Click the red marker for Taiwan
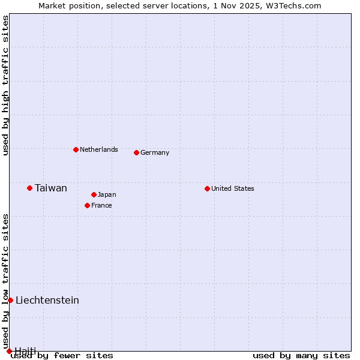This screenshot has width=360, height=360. click(29, 188)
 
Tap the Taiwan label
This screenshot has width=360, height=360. click(51, 188)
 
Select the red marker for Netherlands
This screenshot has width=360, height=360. click(76, 149)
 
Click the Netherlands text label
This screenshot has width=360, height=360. click(99, 149)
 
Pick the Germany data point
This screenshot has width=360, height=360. click(136, 152)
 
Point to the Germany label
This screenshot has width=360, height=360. click(155, 152)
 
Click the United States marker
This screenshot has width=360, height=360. click(207, 188)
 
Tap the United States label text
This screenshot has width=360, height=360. click(233, 188)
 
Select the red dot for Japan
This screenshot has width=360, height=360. click(94, 194)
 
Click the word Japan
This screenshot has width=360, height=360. click(107, 194)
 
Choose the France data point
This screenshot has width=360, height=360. click(87, 205)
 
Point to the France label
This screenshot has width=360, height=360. click(101, 205)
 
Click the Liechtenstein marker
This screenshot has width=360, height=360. click(10, 300)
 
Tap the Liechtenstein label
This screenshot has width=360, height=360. click(47, 300)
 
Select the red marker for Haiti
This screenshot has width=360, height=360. click(9, 351)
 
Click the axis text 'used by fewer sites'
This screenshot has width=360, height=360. click(62, 355)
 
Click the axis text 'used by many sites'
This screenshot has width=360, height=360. click(301, 355)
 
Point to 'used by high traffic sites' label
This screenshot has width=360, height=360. click(5, 85)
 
